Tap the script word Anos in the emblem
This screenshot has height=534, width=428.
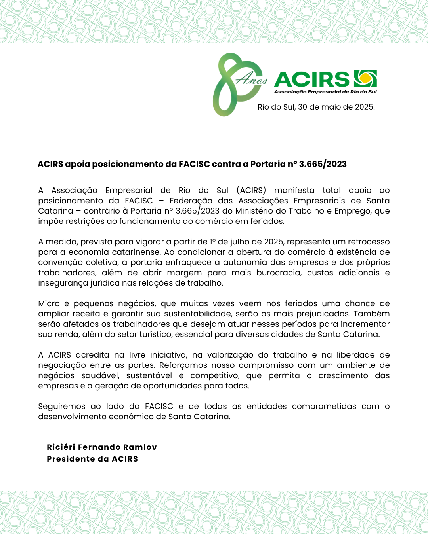pyautogui.click(x=252, y=80)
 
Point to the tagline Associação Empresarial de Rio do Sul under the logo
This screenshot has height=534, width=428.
pyautogui.click(x=325, y=92)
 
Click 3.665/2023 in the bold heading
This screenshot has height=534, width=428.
pyautogui.click(x=323, y=164)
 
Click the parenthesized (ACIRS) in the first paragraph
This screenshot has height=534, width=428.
pyautogui.click(x=251, y=190)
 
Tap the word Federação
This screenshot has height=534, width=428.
pyautogui.click(x=191, y=201)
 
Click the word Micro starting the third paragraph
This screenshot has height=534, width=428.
pyautogui.click(x=48, y=303)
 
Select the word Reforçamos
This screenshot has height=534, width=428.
pyautogui.click(x=183, y=365)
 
